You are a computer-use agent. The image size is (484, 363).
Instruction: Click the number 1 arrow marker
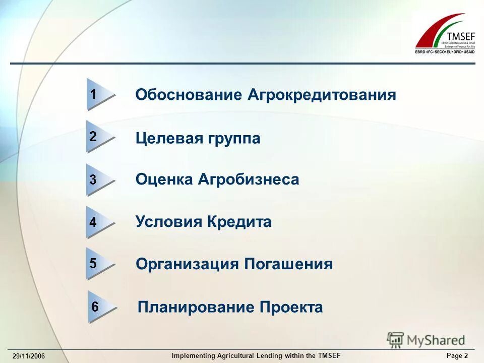point(98,94)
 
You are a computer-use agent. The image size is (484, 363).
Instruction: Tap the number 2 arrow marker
point(98,137)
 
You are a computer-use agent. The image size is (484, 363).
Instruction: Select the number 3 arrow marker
point(98,179)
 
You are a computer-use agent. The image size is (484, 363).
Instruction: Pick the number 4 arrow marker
point(98,222)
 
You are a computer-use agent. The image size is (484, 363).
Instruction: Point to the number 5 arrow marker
point(98,264)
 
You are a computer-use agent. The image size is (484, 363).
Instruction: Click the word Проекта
point(291,307)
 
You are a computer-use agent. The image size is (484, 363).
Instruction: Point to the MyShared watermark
point(427,339)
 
